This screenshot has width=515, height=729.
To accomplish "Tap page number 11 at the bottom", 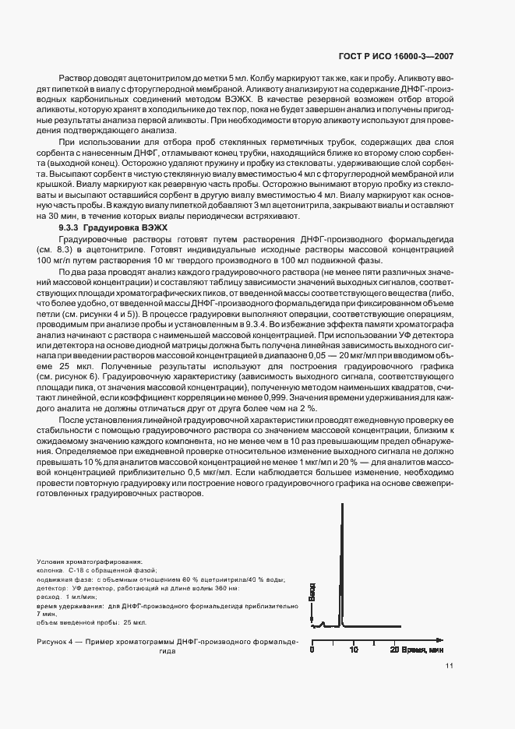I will click(x=450, y=666).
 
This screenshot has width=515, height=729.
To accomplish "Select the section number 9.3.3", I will click(x=72, y=225).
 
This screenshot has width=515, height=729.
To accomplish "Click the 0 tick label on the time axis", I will click(x=312, y=648).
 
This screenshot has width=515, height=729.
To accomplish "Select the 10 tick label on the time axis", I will click(x=353, y=648).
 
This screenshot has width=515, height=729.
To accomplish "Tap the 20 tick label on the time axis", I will click(x=394, y=648).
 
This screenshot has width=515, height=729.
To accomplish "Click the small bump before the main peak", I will click(x=323, y=623).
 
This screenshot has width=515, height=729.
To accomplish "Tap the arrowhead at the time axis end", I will click(x=407, y=636).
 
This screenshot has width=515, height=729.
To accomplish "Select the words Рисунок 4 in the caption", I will click(x=57, y=641).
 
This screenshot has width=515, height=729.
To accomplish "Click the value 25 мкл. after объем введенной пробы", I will click(x=135, y=622).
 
